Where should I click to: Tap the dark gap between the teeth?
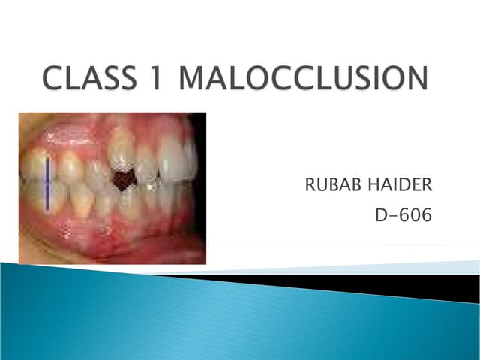pos(121,181)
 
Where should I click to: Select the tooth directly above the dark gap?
pos(121,154)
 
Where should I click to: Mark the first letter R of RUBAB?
pos(310,184)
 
